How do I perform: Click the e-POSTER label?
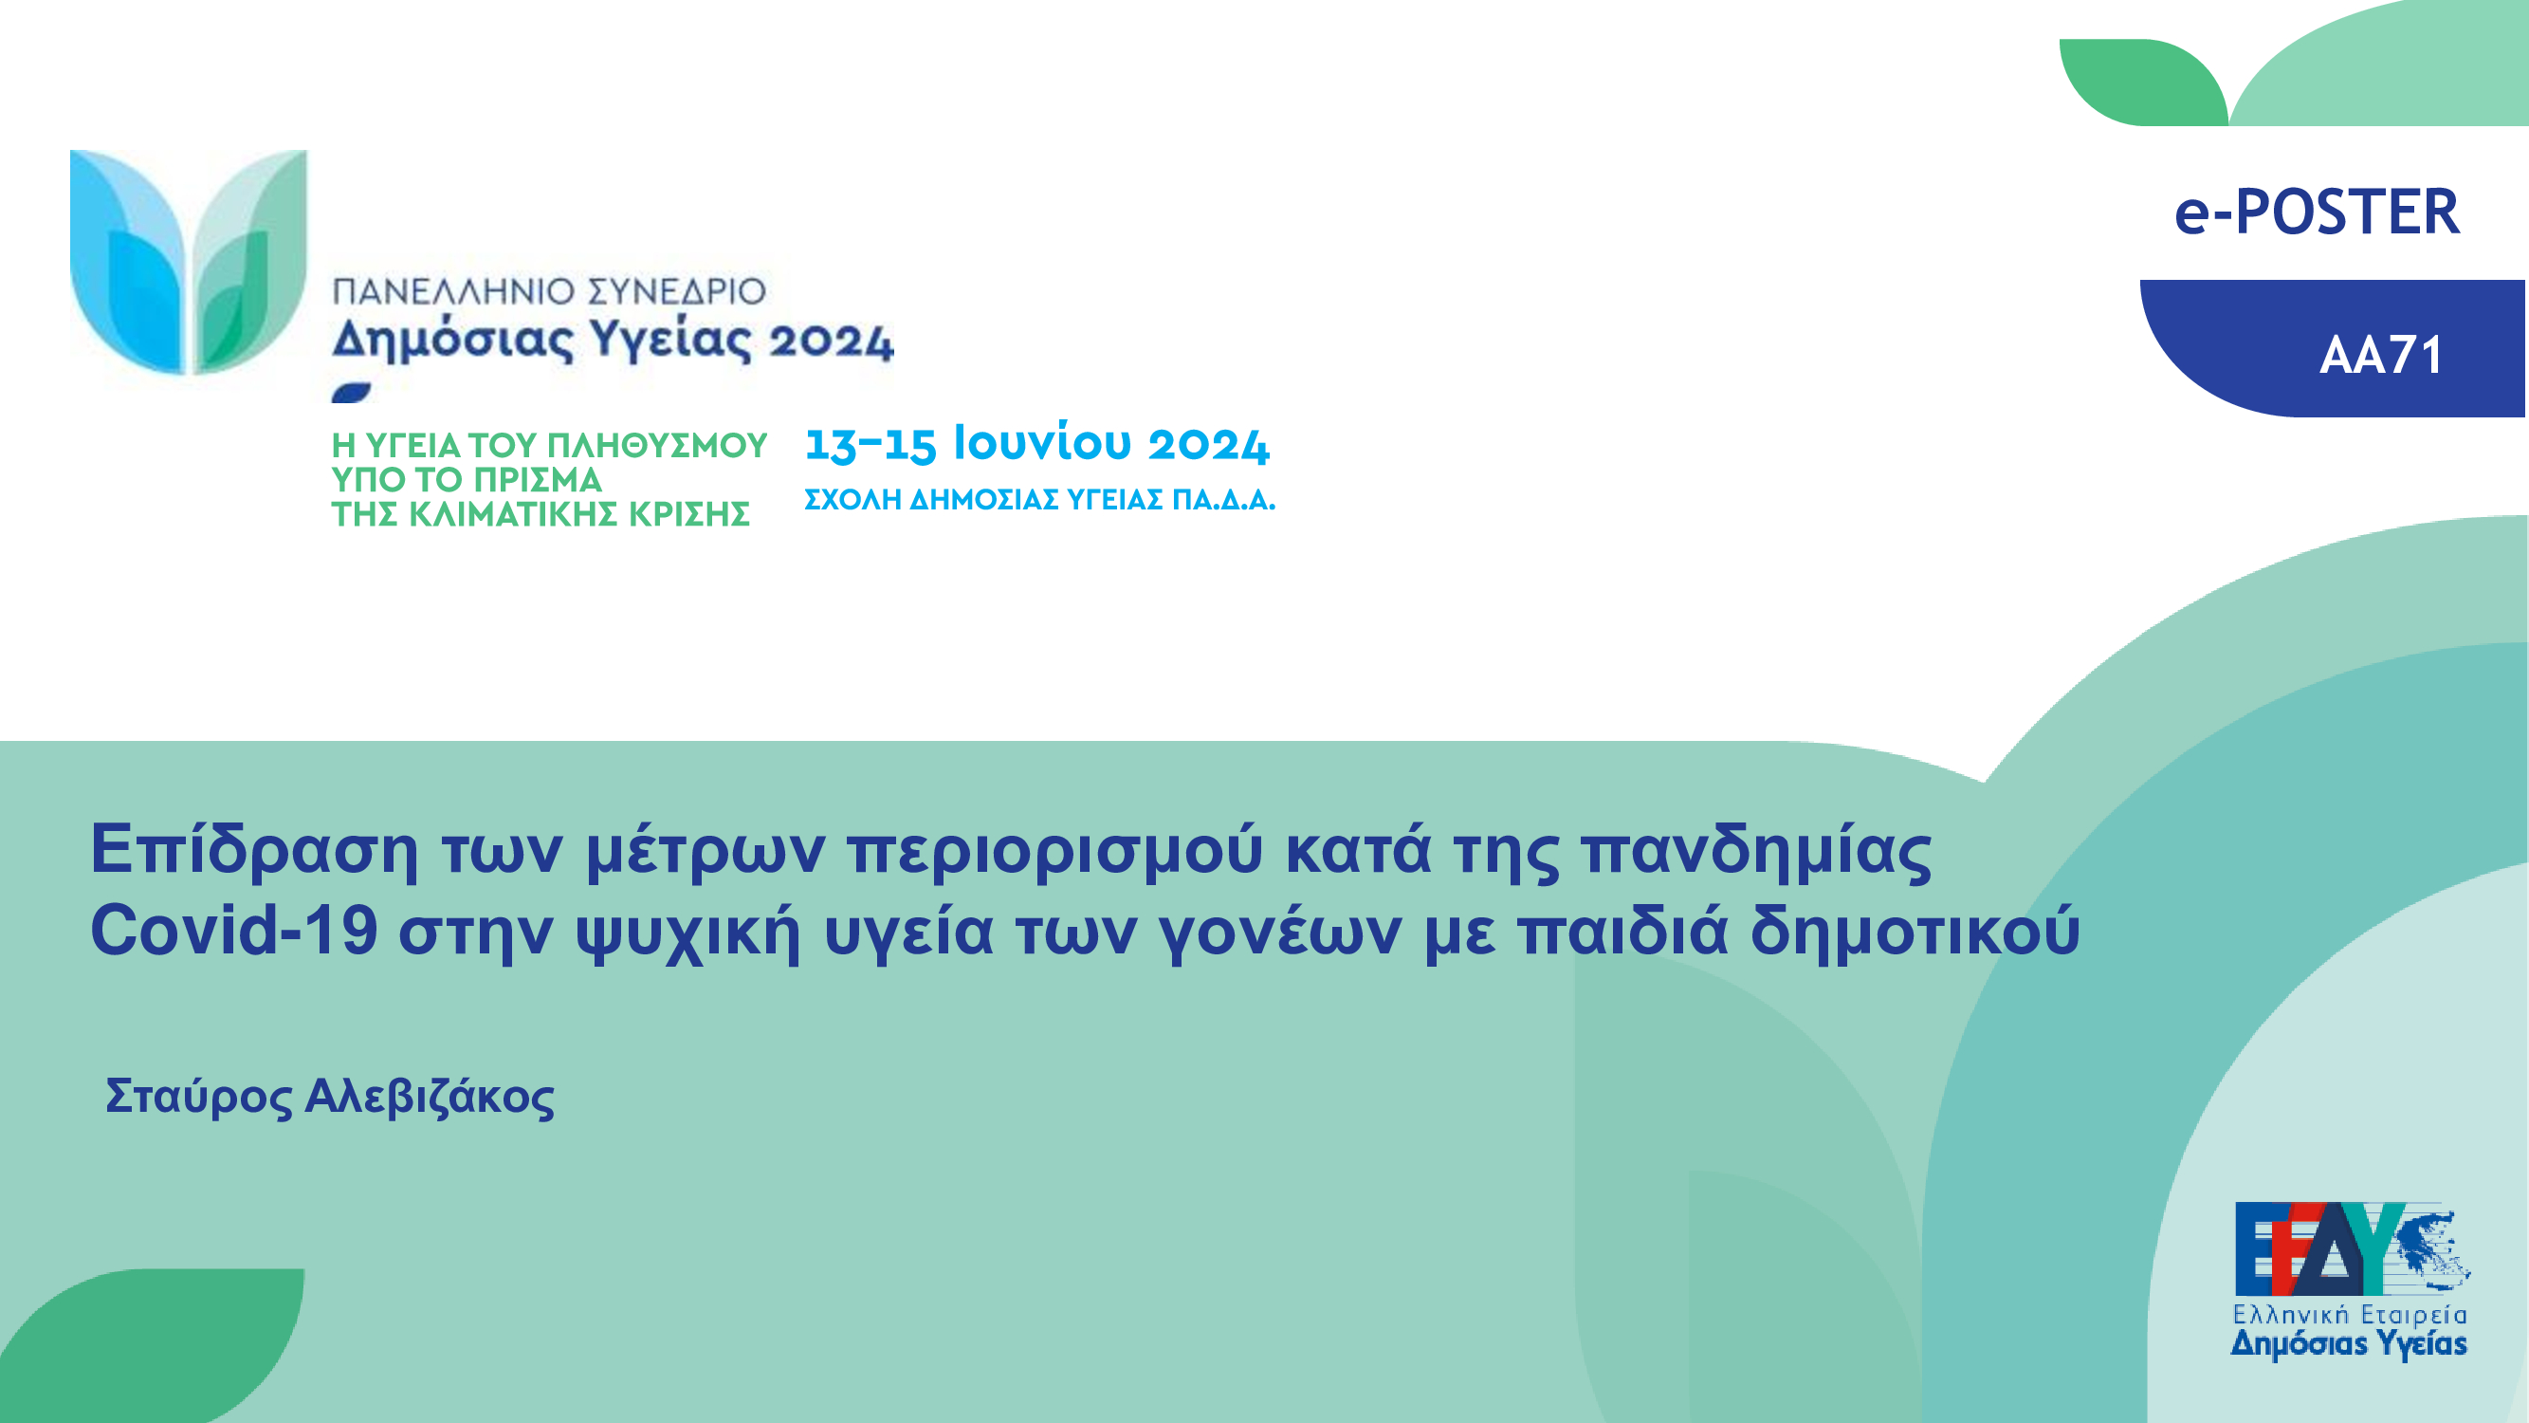pyautogui.click(x=2317, y=213)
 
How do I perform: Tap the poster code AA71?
pyautogui.click(x=2382, y=356)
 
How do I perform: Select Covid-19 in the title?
pyautogui.click(x=233, y=930)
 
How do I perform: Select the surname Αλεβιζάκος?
pyautogui.click(x=429, y=1098)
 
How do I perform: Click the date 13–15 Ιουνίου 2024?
pyautogui.click(x=1036, y=444)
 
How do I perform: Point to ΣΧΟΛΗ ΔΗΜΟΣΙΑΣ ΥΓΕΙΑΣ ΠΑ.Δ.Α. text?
pyautogui.click(x=1039, y=500)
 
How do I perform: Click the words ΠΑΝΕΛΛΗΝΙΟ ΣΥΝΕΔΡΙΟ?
pyautogui.click(x=549, y=291)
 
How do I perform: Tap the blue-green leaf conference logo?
pyautogui.click(x=189, y=262)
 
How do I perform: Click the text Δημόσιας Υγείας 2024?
pyautogui.click(x=613, y=341)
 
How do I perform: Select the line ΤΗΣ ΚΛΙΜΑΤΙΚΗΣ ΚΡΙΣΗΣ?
pyautogui.click(x=540, y=514)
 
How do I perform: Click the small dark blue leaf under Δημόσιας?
pyautogui.click(x=352, y=393)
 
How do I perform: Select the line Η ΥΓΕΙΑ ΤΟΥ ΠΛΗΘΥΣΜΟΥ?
pyautogui.click(x=549, y=446)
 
